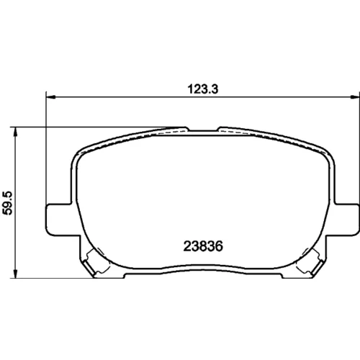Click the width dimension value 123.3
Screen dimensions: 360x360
[203, 89]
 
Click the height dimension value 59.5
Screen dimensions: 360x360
[7, 203]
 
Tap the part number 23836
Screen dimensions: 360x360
[203, 246]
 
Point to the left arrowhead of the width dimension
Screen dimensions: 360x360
[50, 97]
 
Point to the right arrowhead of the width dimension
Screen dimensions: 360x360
[355, 97]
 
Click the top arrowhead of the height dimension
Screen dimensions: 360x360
[16, 132]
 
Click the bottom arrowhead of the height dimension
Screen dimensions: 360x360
[16, 273]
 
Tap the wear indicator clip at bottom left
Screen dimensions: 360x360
[92, 264]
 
